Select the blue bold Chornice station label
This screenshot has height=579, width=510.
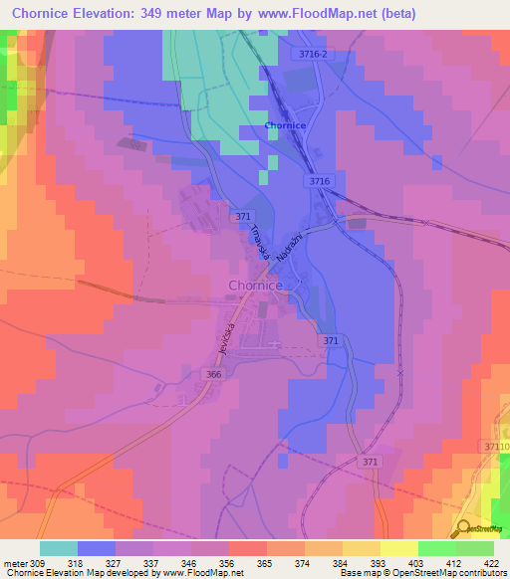[x=285, y=125]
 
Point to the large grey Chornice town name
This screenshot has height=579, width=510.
[x=256, y=286]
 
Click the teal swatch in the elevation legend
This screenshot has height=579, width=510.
[x=58, y=548]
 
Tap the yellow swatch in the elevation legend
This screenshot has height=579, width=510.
[x=398, y=548]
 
